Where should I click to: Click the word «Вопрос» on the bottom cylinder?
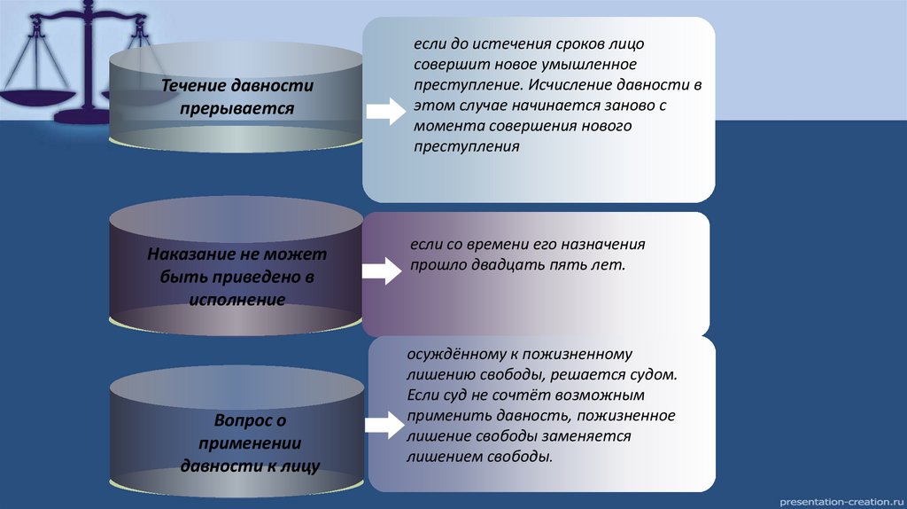[x=243, y=420]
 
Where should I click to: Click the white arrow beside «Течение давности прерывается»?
[x=384, y=112]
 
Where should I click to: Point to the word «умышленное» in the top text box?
[x=592, y=65]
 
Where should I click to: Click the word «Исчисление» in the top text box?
[x=578, y=86]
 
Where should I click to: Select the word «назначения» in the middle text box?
[x=601, y=243]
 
